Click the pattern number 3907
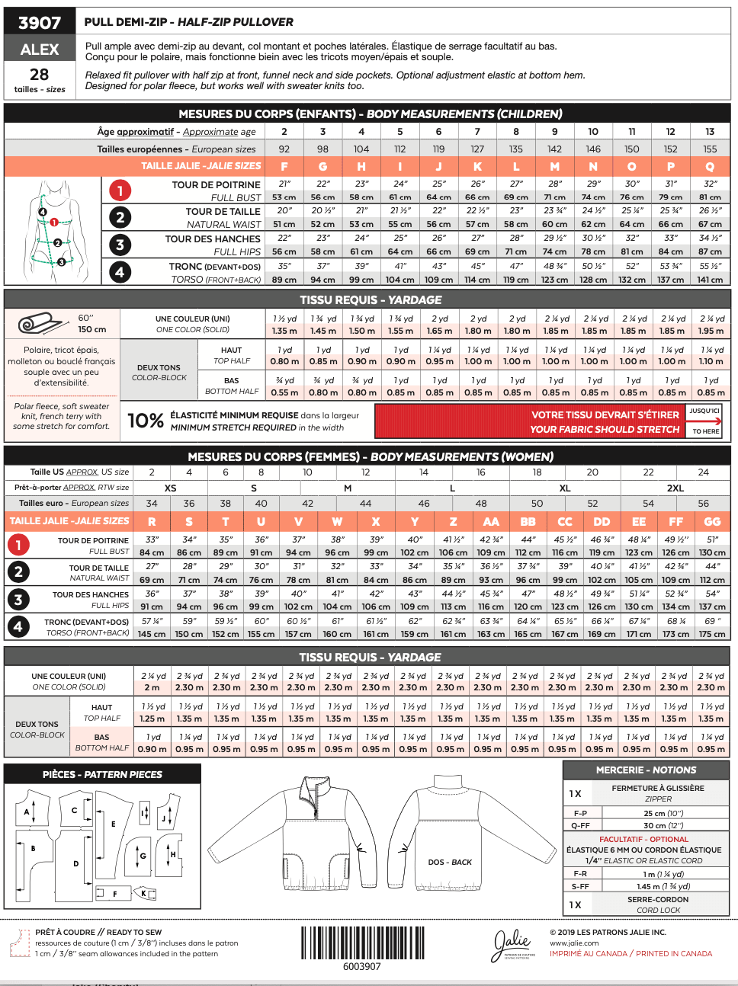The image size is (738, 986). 40,22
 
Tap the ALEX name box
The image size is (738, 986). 40,50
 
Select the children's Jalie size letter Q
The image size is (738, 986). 710,166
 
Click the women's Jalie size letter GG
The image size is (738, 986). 712,521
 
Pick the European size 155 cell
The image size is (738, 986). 710,149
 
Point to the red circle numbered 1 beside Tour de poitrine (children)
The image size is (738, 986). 120,190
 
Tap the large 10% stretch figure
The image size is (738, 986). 146,421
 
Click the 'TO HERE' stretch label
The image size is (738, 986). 705,431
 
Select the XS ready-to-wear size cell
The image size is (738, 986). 170,488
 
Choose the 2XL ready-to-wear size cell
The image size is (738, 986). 675,488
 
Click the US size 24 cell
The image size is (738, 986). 703,472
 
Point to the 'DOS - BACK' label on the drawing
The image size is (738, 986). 450,863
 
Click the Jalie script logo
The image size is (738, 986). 512,945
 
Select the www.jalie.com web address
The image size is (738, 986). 574,943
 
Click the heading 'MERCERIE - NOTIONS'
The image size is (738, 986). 646,770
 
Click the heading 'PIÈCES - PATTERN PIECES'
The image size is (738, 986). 102,774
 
